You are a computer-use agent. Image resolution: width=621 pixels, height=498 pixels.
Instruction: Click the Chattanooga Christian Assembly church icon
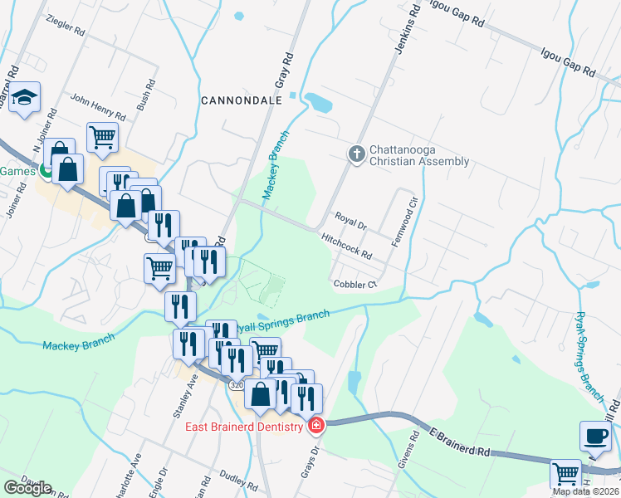356,154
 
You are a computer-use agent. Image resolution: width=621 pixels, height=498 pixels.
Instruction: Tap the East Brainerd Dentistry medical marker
315,427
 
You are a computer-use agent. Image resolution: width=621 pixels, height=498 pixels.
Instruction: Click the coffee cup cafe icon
594,437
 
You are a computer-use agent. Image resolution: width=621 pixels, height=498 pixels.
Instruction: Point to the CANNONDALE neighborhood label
242,100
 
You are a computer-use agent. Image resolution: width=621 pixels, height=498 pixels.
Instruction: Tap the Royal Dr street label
350,221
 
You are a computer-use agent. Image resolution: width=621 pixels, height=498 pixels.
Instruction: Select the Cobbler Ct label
355,285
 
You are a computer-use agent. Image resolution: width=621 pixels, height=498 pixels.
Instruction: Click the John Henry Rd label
97,106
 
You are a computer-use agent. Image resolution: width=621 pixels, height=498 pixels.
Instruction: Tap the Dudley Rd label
238,480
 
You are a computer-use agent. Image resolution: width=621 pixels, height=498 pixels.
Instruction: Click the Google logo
27,488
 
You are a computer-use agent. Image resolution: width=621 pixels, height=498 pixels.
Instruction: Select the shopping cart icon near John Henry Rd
102,137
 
